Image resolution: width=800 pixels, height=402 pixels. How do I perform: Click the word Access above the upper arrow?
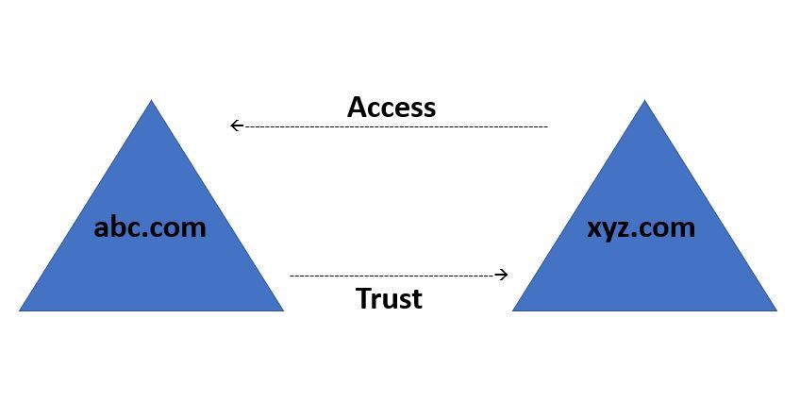pos(392,107)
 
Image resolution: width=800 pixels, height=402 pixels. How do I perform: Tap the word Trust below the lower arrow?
pos(389,298)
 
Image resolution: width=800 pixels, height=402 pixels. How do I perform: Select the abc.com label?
pos(150,226)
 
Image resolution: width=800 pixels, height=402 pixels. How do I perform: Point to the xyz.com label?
pos(642,226)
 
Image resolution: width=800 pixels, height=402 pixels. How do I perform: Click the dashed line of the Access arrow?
pos(396,126)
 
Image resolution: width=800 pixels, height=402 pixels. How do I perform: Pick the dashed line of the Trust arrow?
pos(392,275)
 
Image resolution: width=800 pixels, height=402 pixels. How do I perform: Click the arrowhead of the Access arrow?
pos(236,126)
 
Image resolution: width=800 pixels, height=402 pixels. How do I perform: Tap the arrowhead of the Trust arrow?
pos(503,275)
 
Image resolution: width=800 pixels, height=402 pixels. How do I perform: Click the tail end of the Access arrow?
pos(546,126)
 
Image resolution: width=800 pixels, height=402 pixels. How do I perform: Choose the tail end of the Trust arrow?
pos(291,275)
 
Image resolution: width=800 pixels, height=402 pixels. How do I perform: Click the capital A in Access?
pos(358,107)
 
